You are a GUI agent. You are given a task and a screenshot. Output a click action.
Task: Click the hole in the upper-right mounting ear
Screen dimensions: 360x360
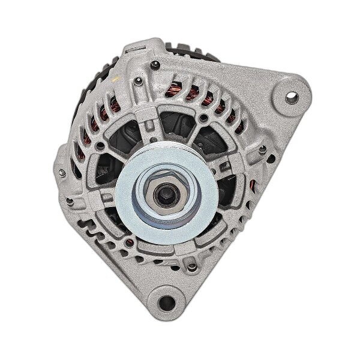tap(292, 95)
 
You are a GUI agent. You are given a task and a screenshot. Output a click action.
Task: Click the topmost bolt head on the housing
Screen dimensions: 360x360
tap(155, 64)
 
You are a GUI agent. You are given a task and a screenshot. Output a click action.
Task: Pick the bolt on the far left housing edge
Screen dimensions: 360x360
tap(62, 173)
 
